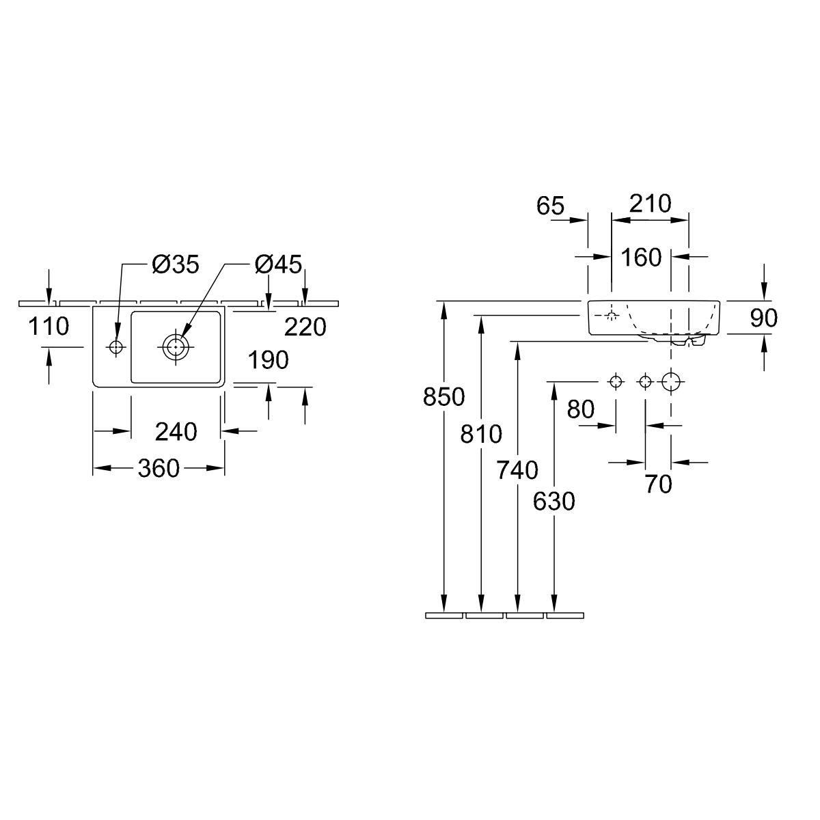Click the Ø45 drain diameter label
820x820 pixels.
[278, 264]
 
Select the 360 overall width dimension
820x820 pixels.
[159, 468]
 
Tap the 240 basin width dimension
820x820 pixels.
[176, 431]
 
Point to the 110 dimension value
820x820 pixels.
[49, 327]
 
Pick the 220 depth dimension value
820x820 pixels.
[305, 327]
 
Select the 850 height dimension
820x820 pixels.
[444, 396]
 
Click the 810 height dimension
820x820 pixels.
[481, 433]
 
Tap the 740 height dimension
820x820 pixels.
[518, 470]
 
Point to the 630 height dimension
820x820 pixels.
[554, 502]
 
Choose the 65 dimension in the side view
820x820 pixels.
[550, 206]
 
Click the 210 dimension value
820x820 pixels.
[649, 204]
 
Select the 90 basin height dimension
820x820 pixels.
[763, 318]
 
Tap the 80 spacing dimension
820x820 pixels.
[581, 409]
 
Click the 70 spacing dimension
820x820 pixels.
[658, 484]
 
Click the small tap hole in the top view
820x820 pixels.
[115, 347]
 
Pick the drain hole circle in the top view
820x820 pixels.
[176, 346]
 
